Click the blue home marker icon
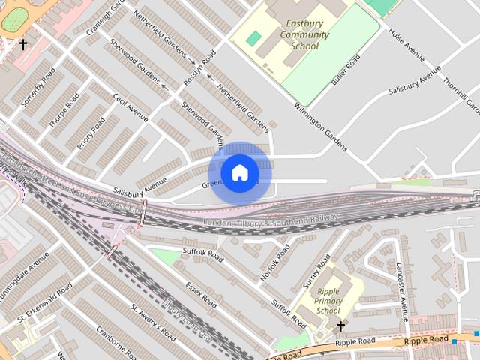[x=239, y=173]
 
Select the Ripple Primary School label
[x=328, y=301]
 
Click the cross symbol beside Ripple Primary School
[x=340, y=326]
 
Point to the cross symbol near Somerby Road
[x=22, y=45]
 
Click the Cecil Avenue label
[x=130, y=109]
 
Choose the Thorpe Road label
[x=64, y=110]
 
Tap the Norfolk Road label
[x=275, y=263]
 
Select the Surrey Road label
[x=316, y=272]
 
